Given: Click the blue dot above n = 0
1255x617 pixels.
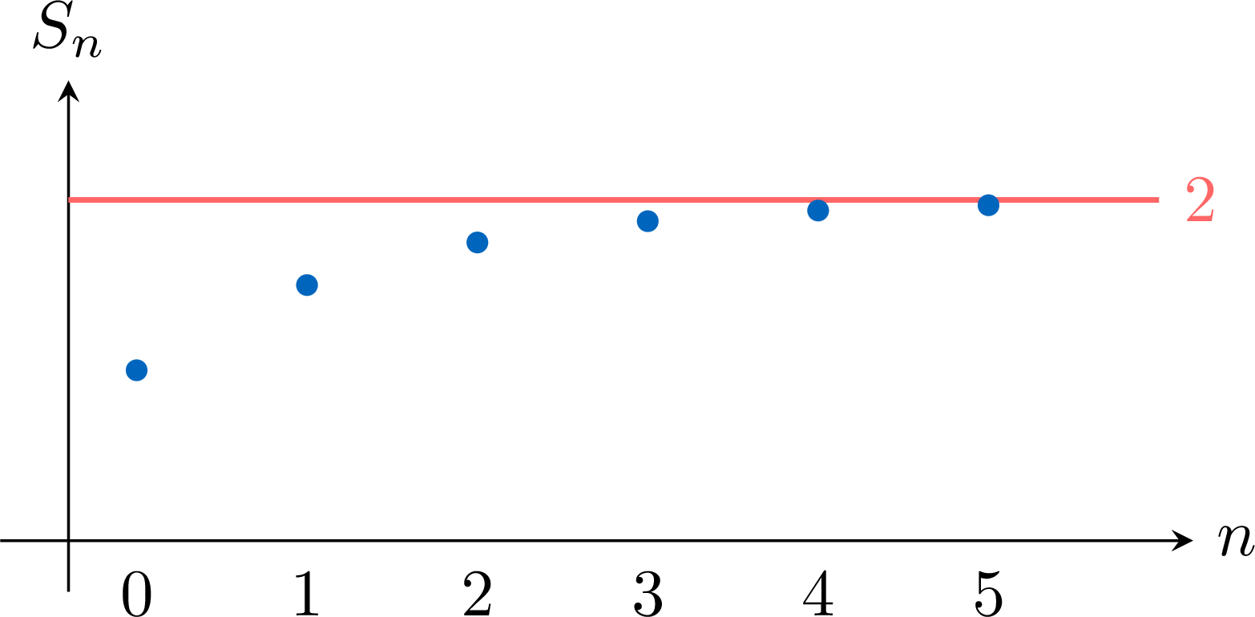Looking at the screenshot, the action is point(137,370).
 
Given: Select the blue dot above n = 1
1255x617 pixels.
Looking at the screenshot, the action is point(307,285).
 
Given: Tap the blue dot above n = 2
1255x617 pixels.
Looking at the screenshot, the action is point(478,243).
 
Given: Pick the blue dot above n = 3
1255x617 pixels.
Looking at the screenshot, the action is point(648,221).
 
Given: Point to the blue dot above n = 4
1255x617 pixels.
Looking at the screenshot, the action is point(818,211).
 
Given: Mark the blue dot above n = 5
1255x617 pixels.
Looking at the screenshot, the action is point(988,205).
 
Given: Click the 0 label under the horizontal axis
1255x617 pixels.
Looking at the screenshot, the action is point(137,595).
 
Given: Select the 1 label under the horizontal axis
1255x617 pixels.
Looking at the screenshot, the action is point(307,594).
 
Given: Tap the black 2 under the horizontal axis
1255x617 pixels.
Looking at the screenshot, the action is point(478,594).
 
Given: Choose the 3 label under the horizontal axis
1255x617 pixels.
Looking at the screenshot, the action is point(648,595).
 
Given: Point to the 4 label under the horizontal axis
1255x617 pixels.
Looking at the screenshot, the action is point(818,594).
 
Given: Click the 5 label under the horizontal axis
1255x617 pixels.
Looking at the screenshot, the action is point(989,595).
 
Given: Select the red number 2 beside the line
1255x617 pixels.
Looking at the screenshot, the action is point(1200,200).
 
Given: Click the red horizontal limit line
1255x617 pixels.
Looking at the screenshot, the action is point(614,200).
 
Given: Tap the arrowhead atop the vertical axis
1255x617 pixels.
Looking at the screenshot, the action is point(68,91).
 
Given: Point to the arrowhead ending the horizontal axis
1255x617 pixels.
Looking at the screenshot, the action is point(1182,541).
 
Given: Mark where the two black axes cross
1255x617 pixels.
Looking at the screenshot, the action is point(68,541).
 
